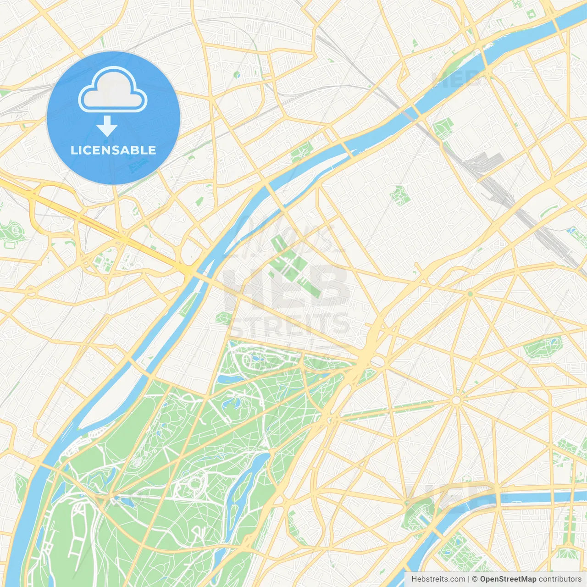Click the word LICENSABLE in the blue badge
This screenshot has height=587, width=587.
[113, 150]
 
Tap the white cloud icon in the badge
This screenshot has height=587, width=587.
[113, 90]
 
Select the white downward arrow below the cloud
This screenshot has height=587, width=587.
[107, 126]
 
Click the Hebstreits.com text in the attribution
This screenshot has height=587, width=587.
[438, 579]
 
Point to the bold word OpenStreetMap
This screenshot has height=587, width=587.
[508, 579]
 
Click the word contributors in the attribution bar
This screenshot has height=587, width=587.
[560, 579]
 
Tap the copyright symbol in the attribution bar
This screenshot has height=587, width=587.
[475, 579]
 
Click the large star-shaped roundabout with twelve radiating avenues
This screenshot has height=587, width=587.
[456, 400]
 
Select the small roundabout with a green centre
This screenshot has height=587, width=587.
[470, 294]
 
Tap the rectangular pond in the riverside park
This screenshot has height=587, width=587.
[423, 517]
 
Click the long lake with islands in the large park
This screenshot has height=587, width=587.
[246, 482]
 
